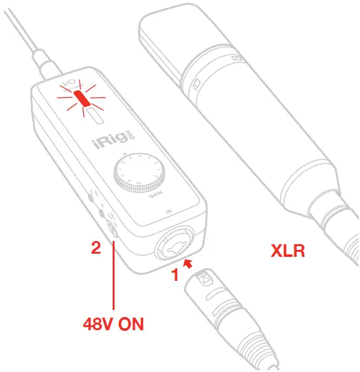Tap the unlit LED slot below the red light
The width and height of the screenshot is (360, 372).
point(94,116)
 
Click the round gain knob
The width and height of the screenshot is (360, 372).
point(139,172)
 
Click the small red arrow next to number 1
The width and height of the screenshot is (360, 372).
point(187,262)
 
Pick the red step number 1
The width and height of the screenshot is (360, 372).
point(175,275)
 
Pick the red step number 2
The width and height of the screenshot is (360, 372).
point(96,248)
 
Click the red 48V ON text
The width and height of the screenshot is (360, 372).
point(113,324)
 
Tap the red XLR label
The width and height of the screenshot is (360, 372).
point(288,251)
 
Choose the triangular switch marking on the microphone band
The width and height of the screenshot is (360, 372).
point(237,59)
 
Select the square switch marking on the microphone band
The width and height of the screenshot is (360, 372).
point(196,84)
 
